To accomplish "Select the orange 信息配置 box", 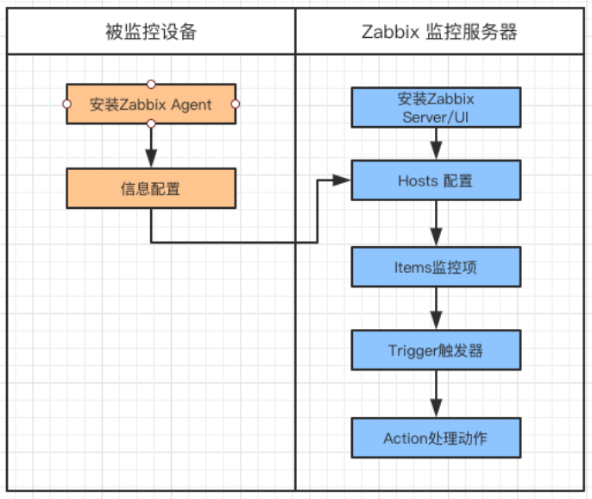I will point(151,188).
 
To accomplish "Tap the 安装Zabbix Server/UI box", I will point(436,108).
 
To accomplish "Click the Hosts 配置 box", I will point(436,181).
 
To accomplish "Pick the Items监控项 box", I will point(436,267).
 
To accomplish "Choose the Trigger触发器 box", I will point(436,351).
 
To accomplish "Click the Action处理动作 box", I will point(436,437).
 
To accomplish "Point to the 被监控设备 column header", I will point(151,33).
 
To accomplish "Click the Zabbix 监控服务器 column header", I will point(443,33).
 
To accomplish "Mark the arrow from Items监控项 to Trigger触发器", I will point(436,309).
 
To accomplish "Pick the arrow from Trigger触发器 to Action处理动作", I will point(436,395).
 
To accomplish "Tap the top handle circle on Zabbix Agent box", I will point(151,84).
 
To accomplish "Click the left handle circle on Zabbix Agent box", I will point(66,104).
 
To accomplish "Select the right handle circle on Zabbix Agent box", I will point(236,104).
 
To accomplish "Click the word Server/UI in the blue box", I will point(436,117).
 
